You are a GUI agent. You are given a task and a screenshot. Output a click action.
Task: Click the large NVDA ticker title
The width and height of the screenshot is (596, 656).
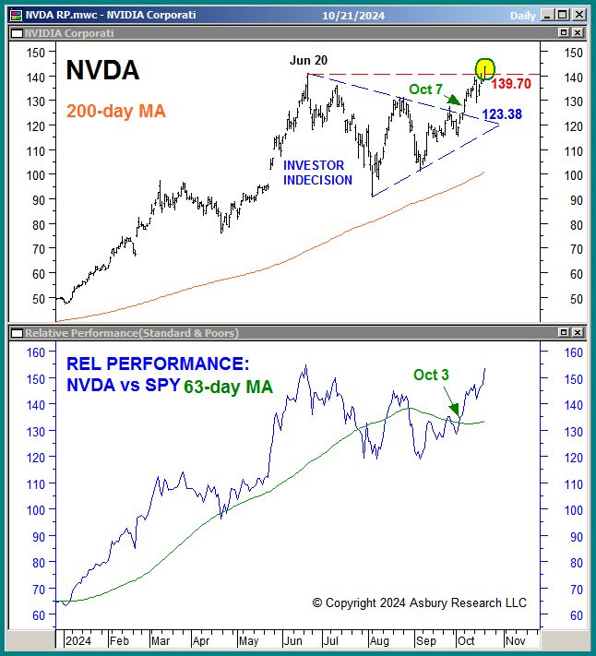(102, 70)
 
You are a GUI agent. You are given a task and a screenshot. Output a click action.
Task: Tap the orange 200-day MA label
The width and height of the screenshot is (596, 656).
(116, 112)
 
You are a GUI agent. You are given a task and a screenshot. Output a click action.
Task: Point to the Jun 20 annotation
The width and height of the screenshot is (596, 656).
(308, 61)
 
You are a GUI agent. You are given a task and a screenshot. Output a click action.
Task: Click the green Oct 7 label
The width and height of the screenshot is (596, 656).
(426, 89)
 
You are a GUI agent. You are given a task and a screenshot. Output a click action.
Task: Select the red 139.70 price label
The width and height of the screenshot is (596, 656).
(517, 84)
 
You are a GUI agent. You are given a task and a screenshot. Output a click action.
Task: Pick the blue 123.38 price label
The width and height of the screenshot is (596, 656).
(502, 114)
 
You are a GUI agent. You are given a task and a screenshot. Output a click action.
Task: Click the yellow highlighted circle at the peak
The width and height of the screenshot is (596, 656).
(485, 69)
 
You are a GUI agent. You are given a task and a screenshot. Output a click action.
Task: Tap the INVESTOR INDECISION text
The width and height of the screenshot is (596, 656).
(317, 173)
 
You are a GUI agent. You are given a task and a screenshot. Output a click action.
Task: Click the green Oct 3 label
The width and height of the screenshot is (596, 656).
(431, 375)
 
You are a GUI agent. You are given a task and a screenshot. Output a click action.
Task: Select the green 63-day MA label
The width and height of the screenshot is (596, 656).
(229, 388)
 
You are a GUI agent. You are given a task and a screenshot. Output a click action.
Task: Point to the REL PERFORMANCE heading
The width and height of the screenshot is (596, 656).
(158, 364)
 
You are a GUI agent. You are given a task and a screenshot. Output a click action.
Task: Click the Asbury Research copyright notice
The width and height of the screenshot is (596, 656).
(419, 602)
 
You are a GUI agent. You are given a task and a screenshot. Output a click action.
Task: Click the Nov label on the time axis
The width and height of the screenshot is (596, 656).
(515, 638)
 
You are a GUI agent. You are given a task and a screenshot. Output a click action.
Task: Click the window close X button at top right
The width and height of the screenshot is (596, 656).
(578, 15)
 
